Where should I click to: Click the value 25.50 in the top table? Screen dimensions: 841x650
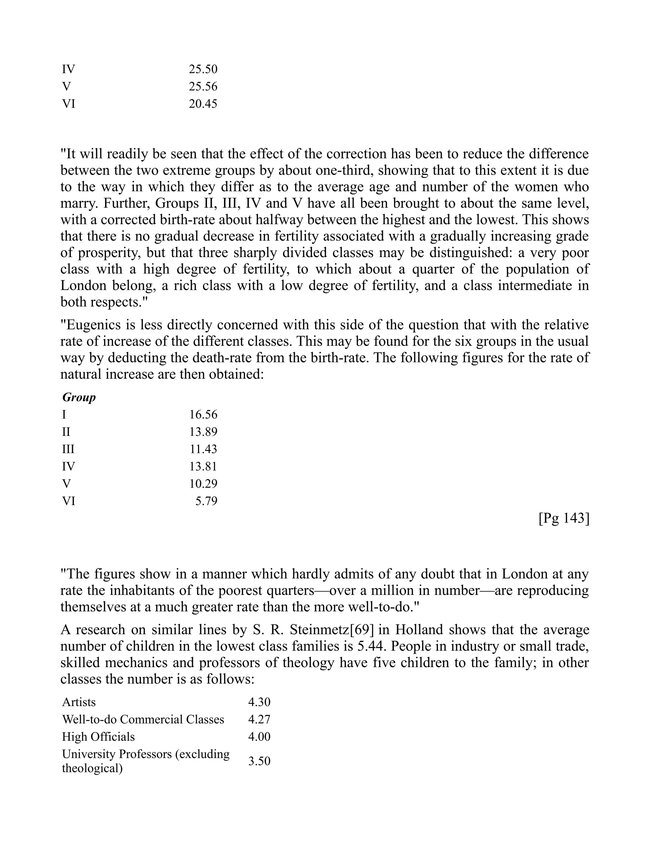(203, 69)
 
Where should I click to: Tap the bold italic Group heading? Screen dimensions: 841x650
(79, 397)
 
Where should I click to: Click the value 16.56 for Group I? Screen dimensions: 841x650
(203, 415)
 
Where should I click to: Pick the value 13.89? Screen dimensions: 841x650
(203, 432)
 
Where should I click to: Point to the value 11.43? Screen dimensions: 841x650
(203, 449)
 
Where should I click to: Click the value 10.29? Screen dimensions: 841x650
(203, 484)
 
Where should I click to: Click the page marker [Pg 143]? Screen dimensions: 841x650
(564, 518)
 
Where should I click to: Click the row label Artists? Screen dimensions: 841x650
(79, 702)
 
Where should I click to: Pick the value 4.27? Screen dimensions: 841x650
(259, 719)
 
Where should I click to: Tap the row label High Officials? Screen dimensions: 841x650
(99, 737)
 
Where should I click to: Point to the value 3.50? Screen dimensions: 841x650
(259, 761)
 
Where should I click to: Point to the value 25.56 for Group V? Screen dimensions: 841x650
(203, 87)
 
